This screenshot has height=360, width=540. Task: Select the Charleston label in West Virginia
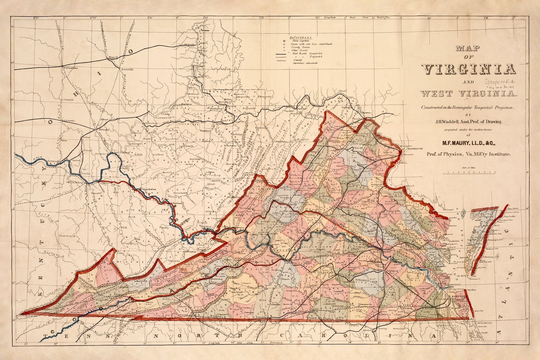(x=149, y=189)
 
